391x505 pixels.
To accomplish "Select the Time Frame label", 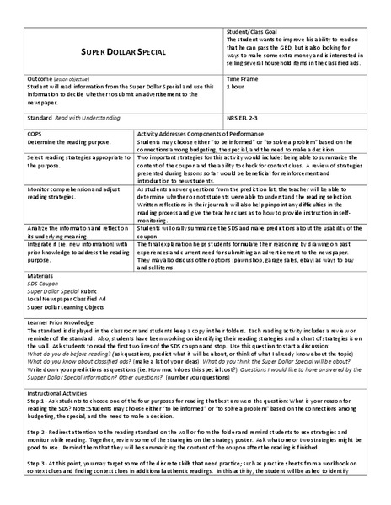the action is (x=244, y=78).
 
